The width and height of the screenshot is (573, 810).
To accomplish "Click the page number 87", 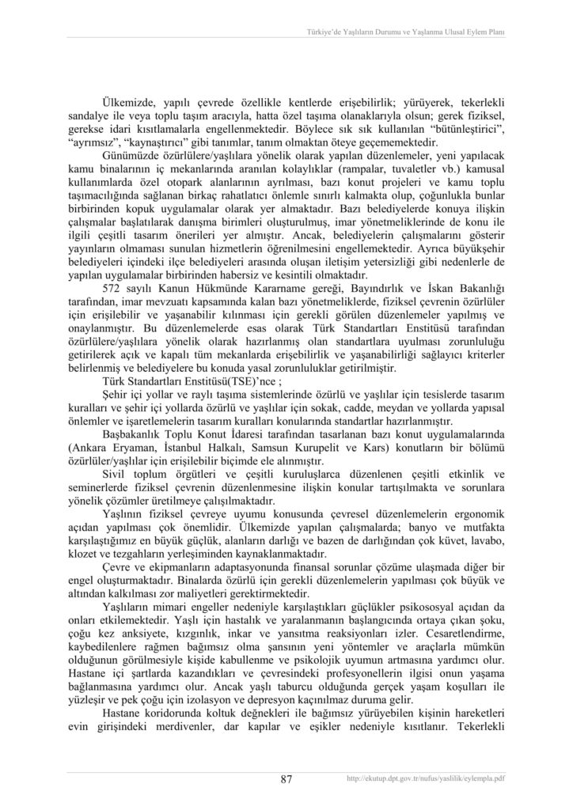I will (286, 779).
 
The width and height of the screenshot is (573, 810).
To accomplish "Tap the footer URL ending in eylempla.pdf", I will (427, 779).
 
